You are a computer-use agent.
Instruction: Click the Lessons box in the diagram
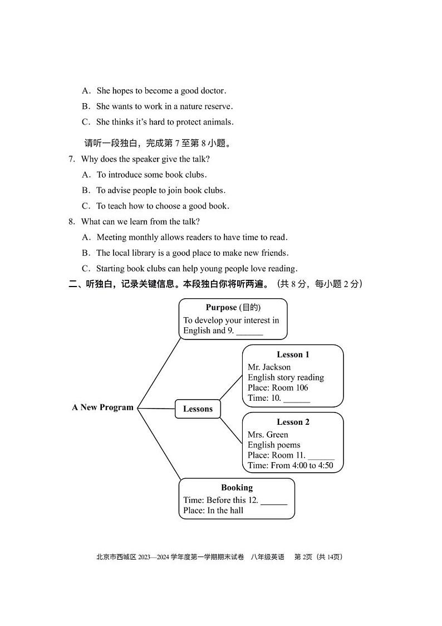(x=198, y=409)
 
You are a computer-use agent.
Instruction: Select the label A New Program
(x=102, y=407)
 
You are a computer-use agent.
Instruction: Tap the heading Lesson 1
(x=293, y=355)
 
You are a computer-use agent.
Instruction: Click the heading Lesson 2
(x=293, y=422)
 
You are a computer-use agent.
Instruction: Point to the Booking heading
(x=237, y=487)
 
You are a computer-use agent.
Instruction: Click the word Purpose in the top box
(x=221, y=308)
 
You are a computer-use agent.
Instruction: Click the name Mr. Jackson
(x=269, y=367)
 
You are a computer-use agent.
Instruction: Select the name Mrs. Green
(x=268, y=435)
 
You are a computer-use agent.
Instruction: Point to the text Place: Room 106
(x=278, y=388)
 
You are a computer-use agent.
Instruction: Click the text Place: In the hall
(x=213, y=511)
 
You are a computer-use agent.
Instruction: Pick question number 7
(x=71, y=159)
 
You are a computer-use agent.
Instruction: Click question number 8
(x=71, y=222)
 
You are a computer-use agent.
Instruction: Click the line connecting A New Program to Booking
(x=159, y=444)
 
